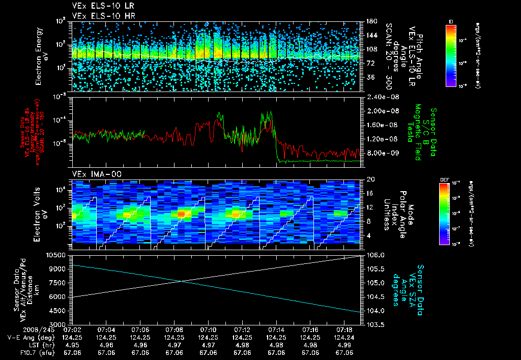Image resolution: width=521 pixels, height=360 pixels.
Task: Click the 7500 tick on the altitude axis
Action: pos(59,282)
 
